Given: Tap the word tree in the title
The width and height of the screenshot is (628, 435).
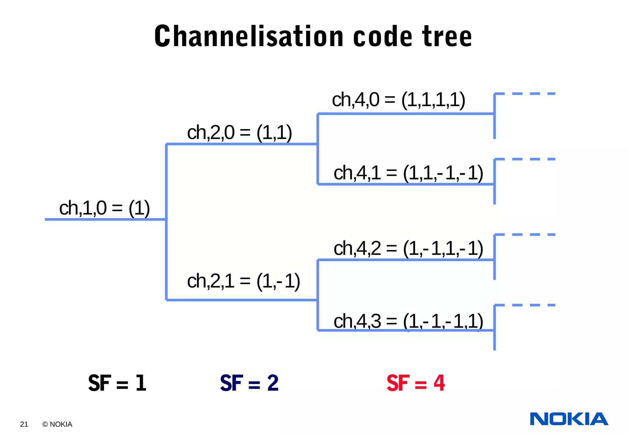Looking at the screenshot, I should click(447, 37).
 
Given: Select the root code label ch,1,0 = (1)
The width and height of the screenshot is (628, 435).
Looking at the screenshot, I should click(104, 208).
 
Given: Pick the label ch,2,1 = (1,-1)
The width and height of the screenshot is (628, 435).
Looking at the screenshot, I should click(243, 281).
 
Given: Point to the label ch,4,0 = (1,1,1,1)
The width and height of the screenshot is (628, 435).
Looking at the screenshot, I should click(399, 100).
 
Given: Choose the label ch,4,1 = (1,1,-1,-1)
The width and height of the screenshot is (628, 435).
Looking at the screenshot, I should click(408, 173).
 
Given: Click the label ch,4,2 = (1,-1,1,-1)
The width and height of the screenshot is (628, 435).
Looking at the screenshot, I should click(408, 248).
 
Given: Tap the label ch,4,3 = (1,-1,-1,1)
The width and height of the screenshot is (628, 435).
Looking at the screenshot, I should click(408, 321).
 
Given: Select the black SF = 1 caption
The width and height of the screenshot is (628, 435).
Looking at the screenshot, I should click(117, 383).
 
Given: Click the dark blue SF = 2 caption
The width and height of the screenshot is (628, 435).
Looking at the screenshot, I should click(249, 383).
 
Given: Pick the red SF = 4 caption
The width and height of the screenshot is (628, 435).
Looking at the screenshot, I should click(415, 383).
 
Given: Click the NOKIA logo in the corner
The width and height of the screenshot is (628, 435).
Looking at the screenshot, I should click(569, 419).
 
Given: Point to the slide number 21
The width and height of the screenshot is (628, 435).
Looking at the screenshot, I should click(24, 424).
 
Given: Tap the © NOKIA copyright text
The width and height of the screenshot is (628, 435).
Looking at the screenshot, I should click(57, 424).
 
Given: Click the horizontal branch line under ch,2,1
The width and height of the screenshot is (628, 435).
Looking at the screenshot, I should click(242, 300).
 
